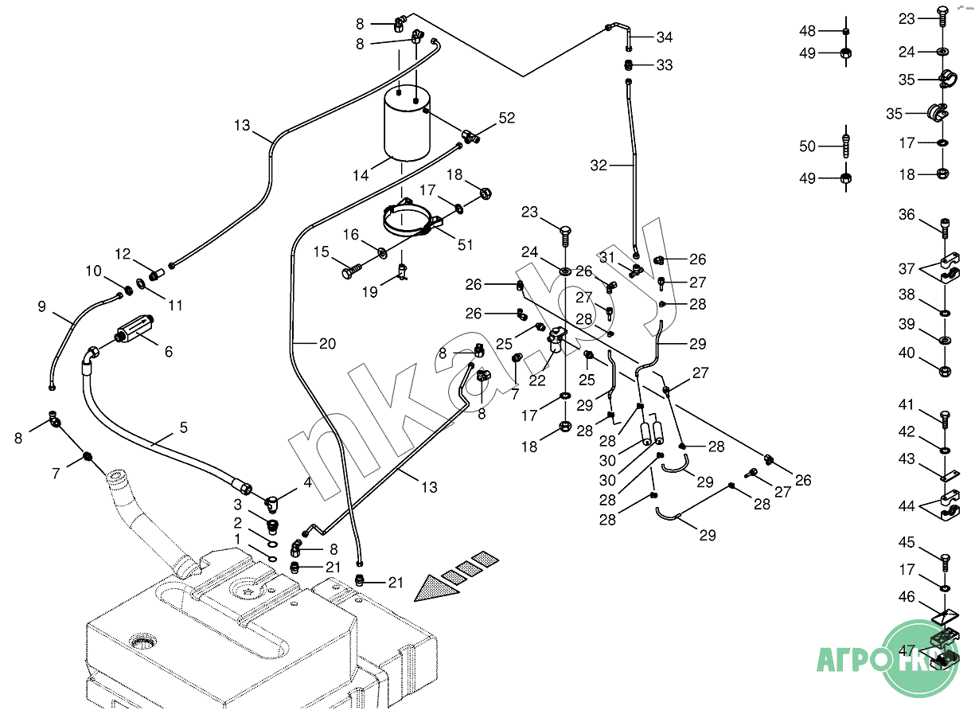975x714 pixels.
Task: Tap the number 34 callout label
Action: click(665, 37)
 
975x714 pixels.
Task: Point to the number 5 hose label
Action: click(184, 427)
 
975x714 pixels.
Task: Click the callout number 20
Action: click(326, 344)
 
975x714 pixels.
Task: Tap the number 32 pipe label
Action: click(599, 166)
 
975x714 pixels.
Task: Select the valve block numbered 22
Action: click(556, 342)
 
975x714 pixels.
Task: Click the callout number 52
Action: click(507, 118)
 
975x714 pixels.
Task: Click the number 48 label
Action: click(808, 31)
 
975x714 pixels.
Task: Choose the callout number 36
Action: click(907, 215)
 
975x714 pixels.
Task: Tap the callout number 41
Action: click(907, 405)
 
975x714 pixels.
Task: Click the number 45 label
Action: click(907, 543)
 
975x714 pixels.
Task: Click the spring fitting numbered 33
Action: click(629, 64)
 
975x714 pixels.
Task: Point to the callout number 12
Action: click(123, 254)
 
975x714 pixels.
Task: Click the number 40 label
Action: click(907, 353)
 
